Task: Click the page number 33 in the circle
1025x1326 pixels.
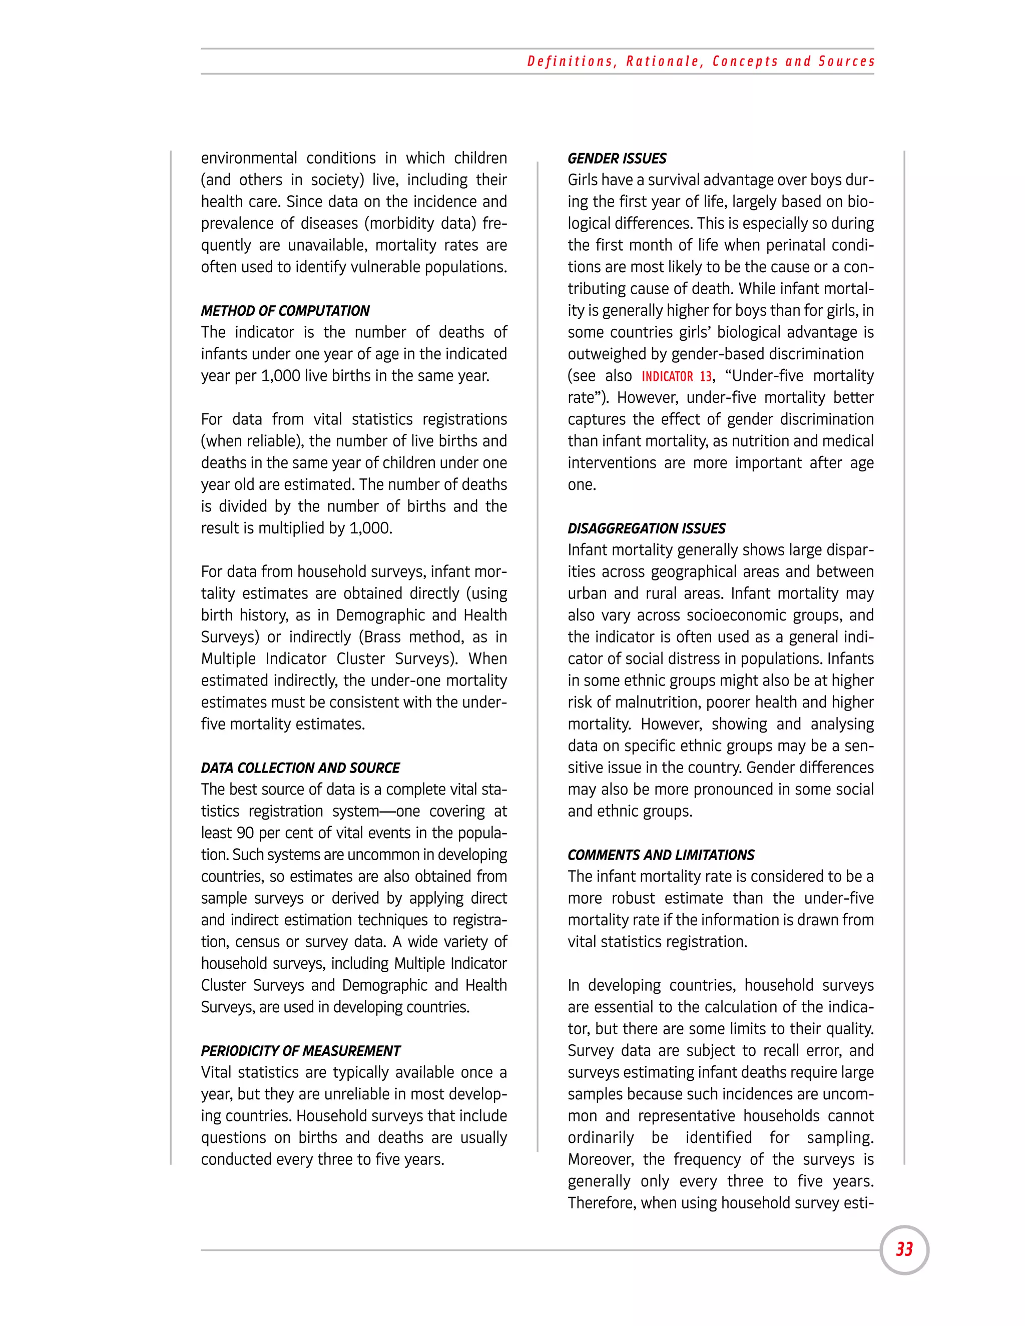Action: (x=904, y=1249)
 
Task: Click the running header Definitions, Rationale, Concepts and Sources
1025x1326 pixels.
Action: (x=701, y=62)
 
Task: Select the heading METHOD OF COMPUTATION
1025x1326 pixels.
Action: (x=285, y=311)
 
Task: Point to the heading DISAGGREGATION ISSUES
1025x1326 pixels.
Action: (x=646, y=528)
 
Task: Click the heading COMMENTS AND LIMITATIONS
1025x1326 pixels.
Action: (x=661, y=855)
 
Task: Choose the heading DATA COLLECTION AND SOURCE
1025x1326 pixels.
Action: (x=300, y=768)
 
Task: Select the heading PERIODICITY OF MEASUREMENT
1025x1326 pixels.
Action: (x=301, y=1051)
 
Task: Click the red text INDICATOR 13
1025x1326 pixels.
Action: (x=677, y=376)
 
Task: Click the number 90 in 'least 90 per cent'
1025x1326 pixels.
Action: (x=245, y=833)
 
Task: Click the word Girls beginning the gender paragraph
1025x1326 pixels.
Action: (x=584, y=180)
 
